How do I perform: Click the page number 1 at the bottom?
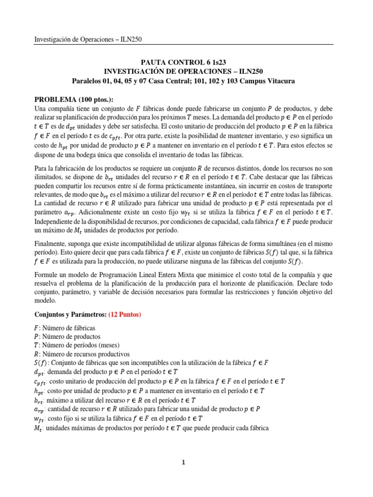point(184,462)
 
